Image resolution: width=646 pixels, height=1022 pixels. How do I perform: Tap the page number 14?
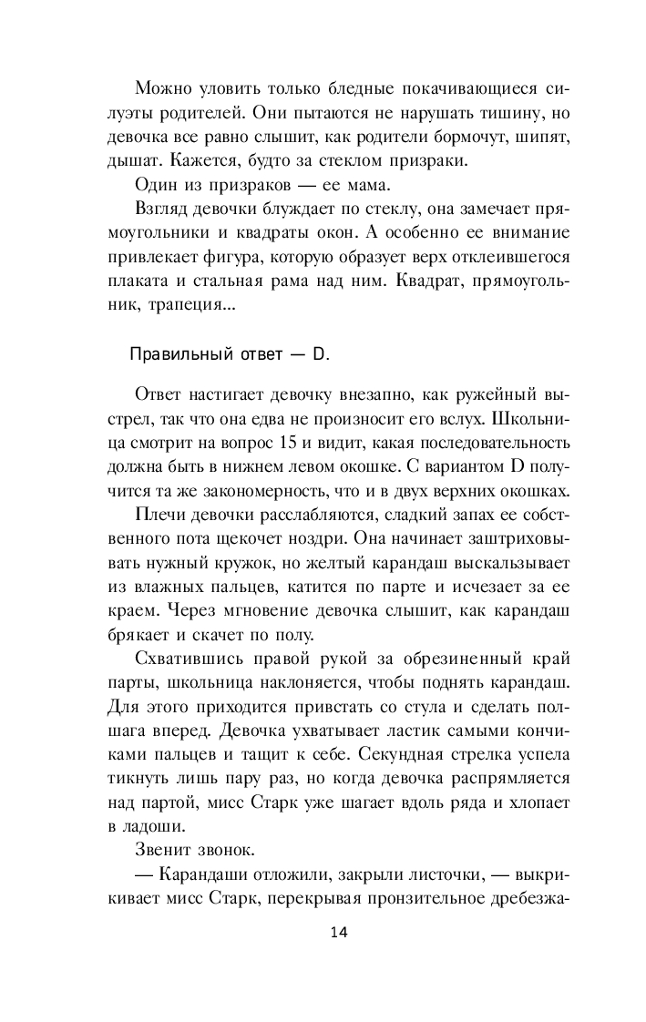click(x=337, y=932)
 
